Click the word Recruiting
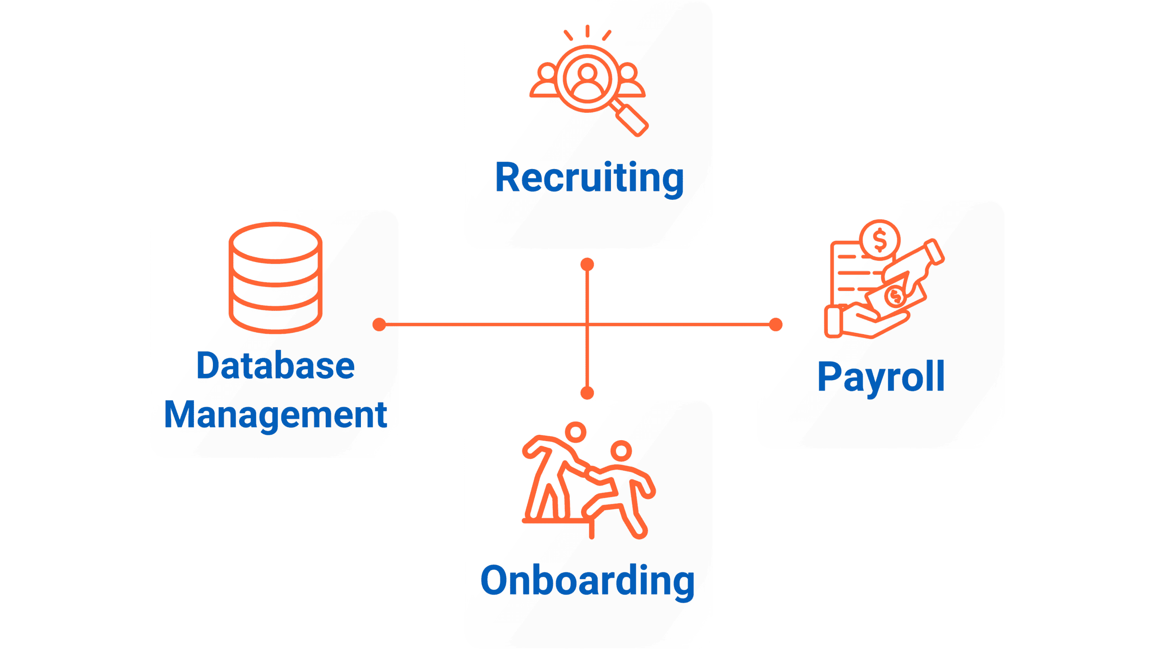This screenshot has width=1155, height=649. [589, 178]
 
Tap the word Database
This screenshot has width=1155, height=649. [275, 366]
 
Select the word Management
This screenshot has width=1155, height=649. [275, 415]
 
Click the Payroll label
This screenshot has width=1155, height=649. [881, 377]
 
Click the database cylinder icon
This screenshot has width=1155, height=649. [275, 277]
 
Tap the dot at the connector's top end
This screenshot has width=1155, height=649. [587, 264]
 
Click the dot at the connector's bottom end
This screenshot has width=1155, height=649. [587, 393]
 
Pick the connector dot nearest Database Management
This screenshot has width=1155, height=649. [379, 324]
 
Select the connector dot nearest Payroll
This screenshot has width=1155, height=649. [775, 324]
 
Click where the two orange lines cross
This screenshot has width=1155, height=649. [587, 324]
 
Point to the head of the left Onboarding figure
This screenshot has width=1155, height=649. [576, 432]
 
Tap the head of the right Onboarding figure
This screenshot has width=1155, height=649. [621, 450]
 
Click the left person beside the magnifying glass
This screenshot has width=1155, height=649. [546, 81]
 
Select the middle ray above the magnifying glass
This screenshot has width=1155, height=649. [587, 31]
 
